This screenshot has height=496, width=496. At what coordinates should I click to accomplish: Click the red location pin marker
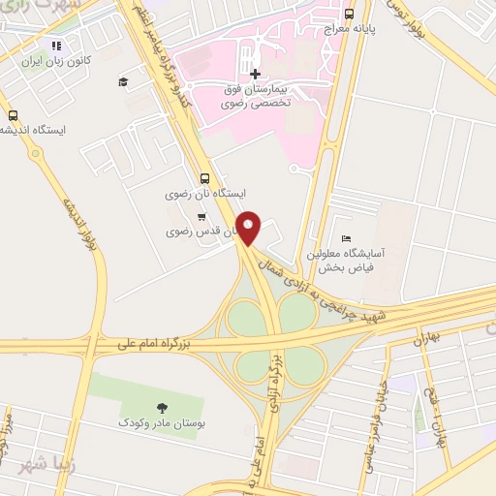pos(251,228)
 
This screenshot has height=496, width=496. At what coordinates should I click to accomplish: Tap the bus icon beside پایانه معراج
pos(349,14)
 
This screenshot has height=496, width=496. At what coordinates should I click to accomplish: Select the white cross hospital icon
pos(255,74)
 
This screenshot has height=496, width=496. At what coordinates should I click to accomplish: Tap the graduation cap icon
pos(123,82)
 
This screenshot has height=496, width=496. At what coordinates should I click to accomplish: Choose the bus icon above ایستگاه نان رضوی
pos(203,178)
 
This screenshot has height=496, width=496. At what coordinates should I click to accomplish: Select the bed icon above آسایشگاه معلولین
pos(346,238)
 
